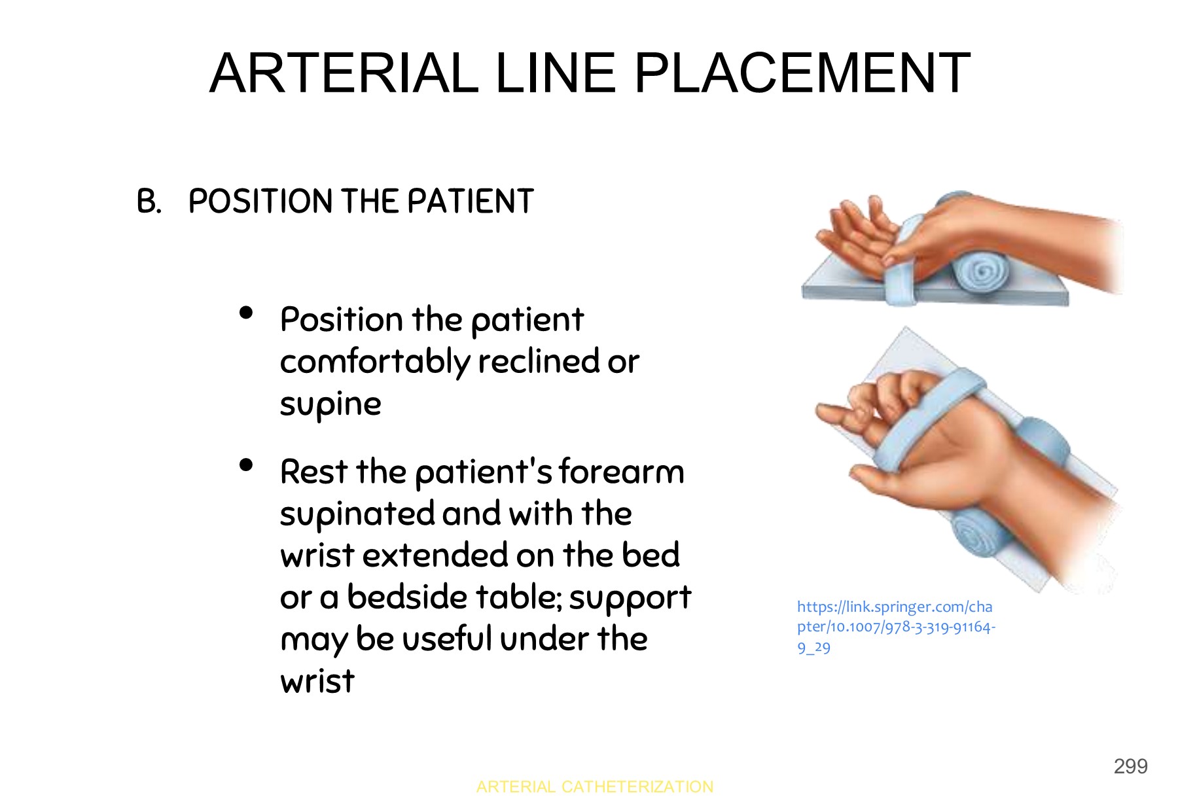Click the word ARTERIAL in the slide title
(344, 73)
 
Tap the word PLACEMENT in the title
(802, 73)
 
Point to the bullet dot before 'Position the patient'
(246, 313)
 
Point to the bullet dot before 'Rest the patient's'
(246, 465)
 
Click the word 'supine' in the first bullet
(330, 404)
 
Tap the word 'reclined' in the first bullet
(539, 361)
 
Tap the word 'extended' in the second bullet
(435, 555)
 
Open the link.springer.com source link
(895, 626)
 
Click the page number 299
(1130, 766)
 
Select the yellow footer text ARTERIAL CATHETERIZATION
(594, 786)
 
